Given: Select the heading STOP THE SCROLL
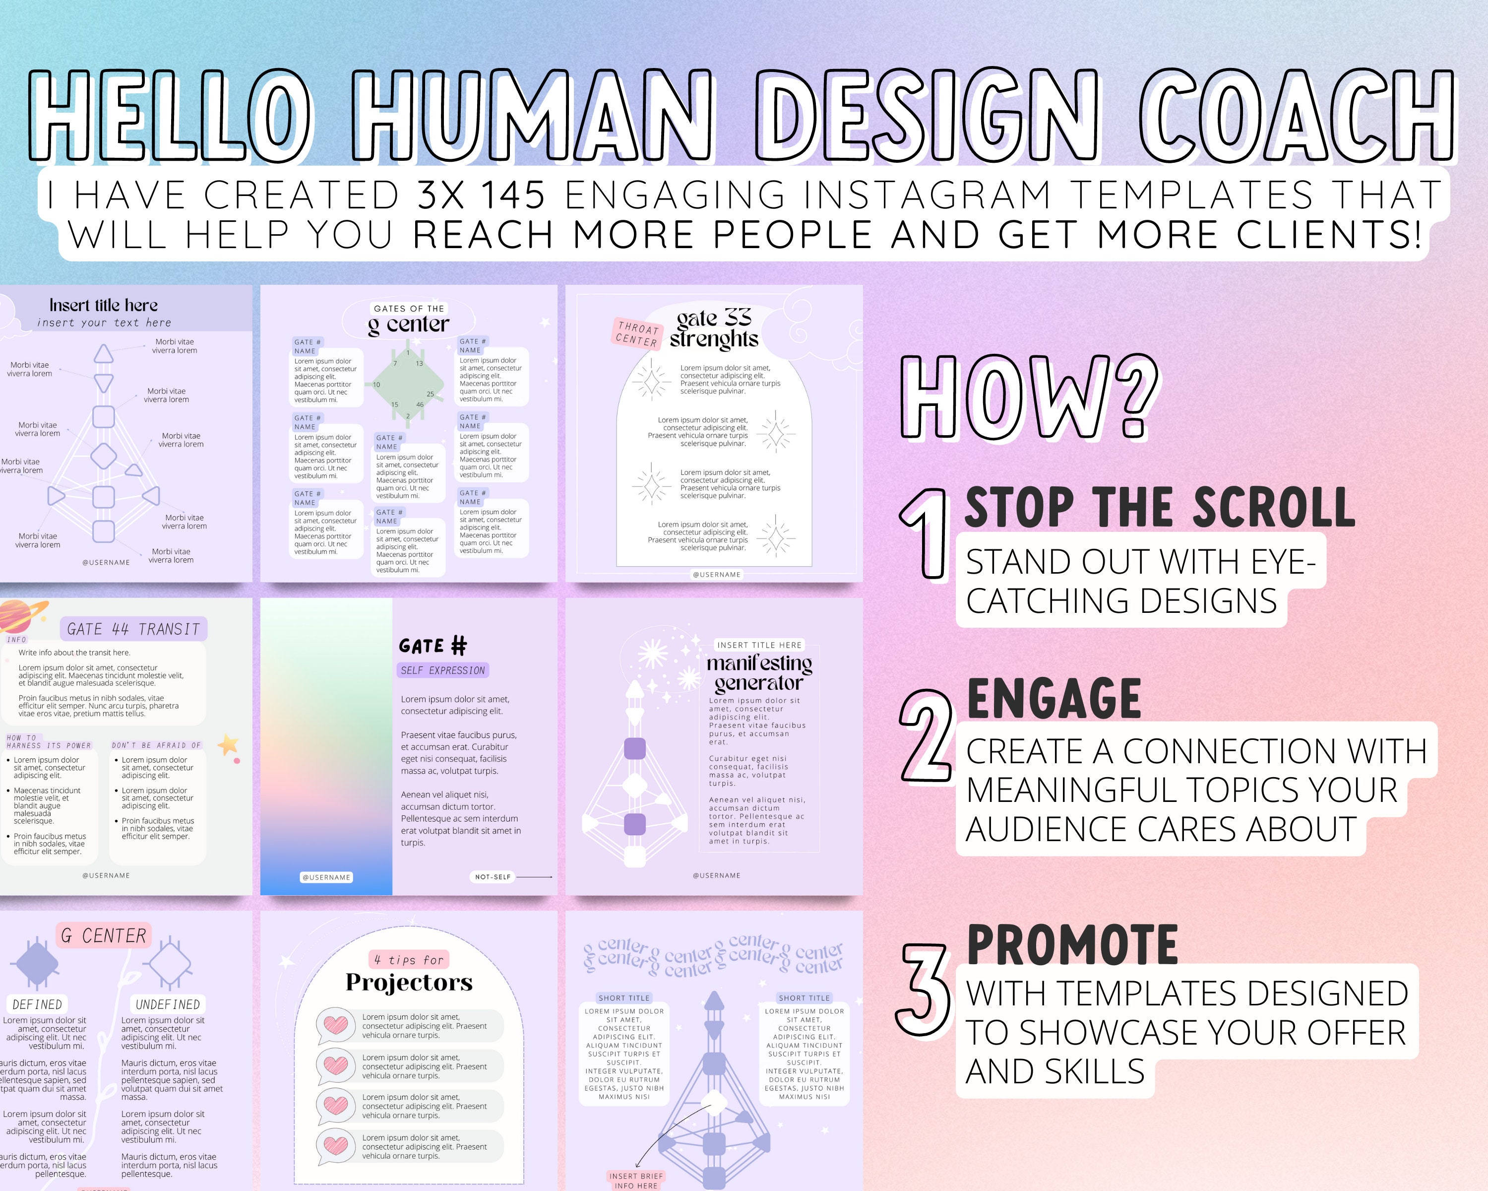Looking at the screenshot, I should [x=1160, y=508].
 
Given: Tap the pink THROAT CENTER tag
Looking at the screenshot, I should [x=636, y=333].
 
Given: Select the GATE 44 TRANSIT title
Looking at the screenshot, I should [x=133, y=629].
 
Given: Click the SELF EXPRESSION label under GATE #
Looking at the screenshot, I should [x=443, y=670].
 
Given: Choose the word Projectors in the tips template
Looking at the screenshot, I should [x=409, y=982].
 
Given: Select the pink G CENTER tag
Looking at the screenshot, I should [x=104, y=935].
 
